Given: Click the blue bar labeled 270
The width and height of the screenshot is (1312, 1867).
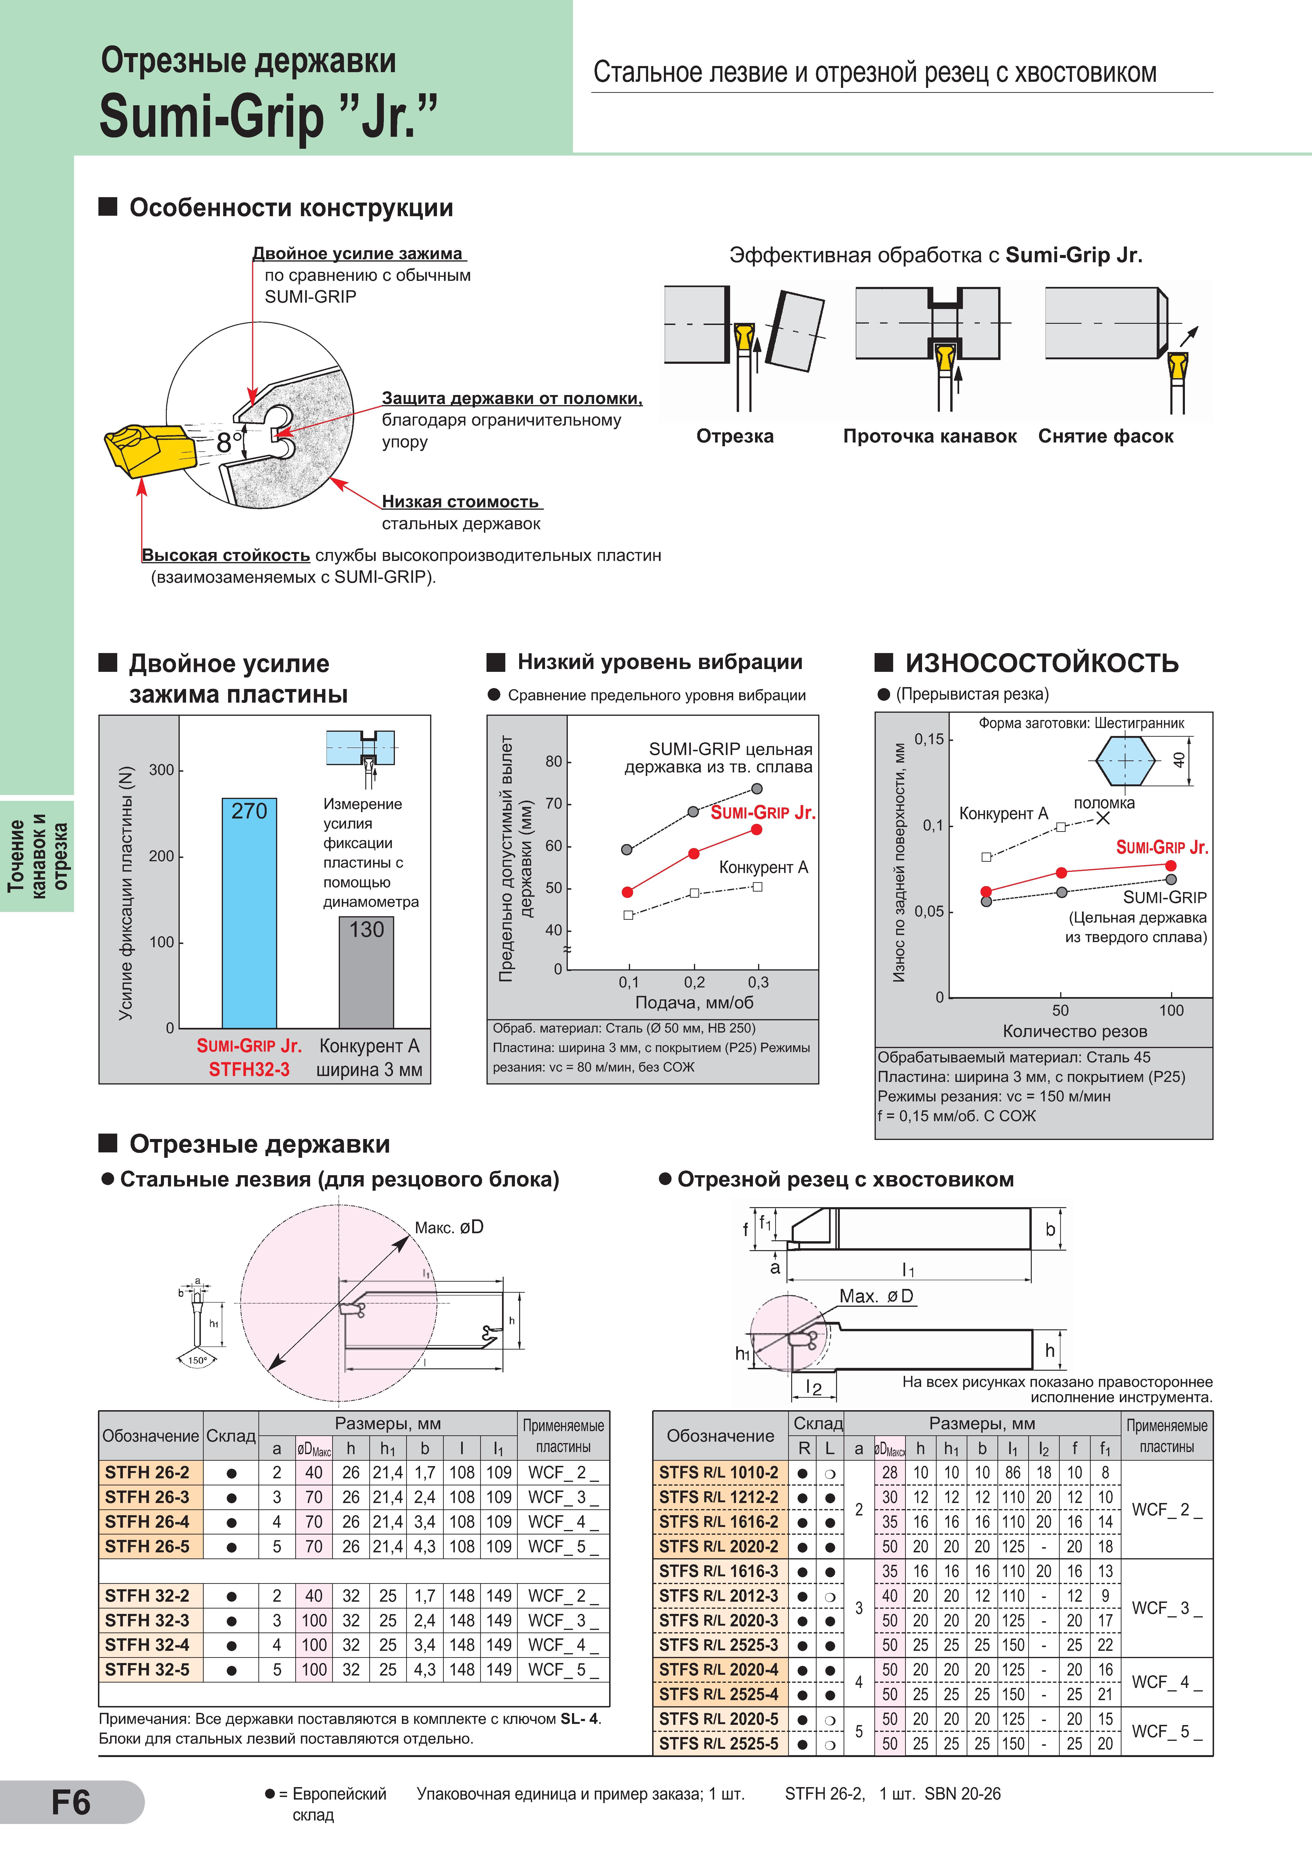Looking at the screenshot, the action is pos(249,913).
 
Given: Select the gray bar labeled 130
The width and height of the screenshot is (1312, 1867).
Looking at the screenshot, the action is pos(367,973).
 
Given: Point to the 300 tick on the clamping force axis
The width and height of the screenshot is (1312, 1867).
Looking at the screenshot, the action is pos(162,770).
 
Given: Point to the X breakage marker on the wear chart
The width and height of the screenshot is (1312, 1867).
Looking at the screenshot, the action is pos(1102,818).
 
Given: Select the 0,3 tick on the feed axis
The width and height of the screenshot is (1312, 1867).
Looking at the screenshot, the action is pos(758,982).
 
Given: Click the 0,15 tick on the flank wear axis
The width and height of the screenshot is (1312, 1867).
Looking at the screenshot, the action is pos(929,739).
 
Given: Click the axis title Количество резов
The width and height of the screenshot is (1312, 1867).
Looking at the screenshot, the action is pos(1075,1032).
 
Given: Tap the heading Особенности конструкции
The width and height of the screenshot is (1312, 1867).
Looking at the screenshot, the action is pos(291,208).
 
